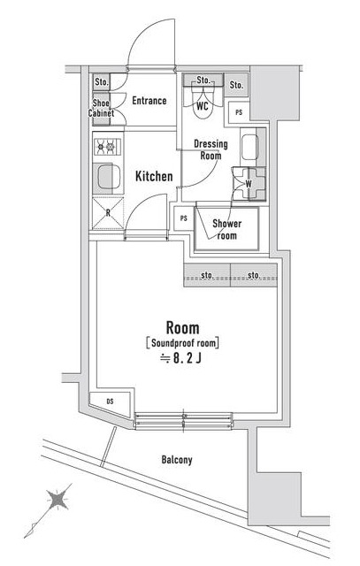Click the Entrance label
pyautogui.click(x=149, y=101)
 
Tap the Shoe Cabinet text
pyautogui.click(x=101, y=108)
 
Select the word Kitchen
pyautogui.click(x=153, y=177)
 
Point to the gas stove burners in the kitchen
pyautogui.click(x=106, y=148)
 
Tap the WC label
pyautogui.click(x=202, y=106)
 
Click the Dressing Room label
pyautogui.click(x=211, y=149)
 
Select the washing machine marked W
pyautogui.click(x=247, y=184)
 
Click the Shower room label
pyautogui.click(x=226, y=230)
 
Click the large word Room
pyautogui.click(x=181, y=325)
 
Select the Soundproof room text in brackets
pyautogui.click(x=181, y=342)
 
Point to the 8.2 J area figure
pyautogui.click(x=181, y=358)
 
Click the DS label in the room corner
pyautogui.click(x=110, y=402)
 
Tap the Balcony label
pyautogui.click(x=177, y=460)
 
